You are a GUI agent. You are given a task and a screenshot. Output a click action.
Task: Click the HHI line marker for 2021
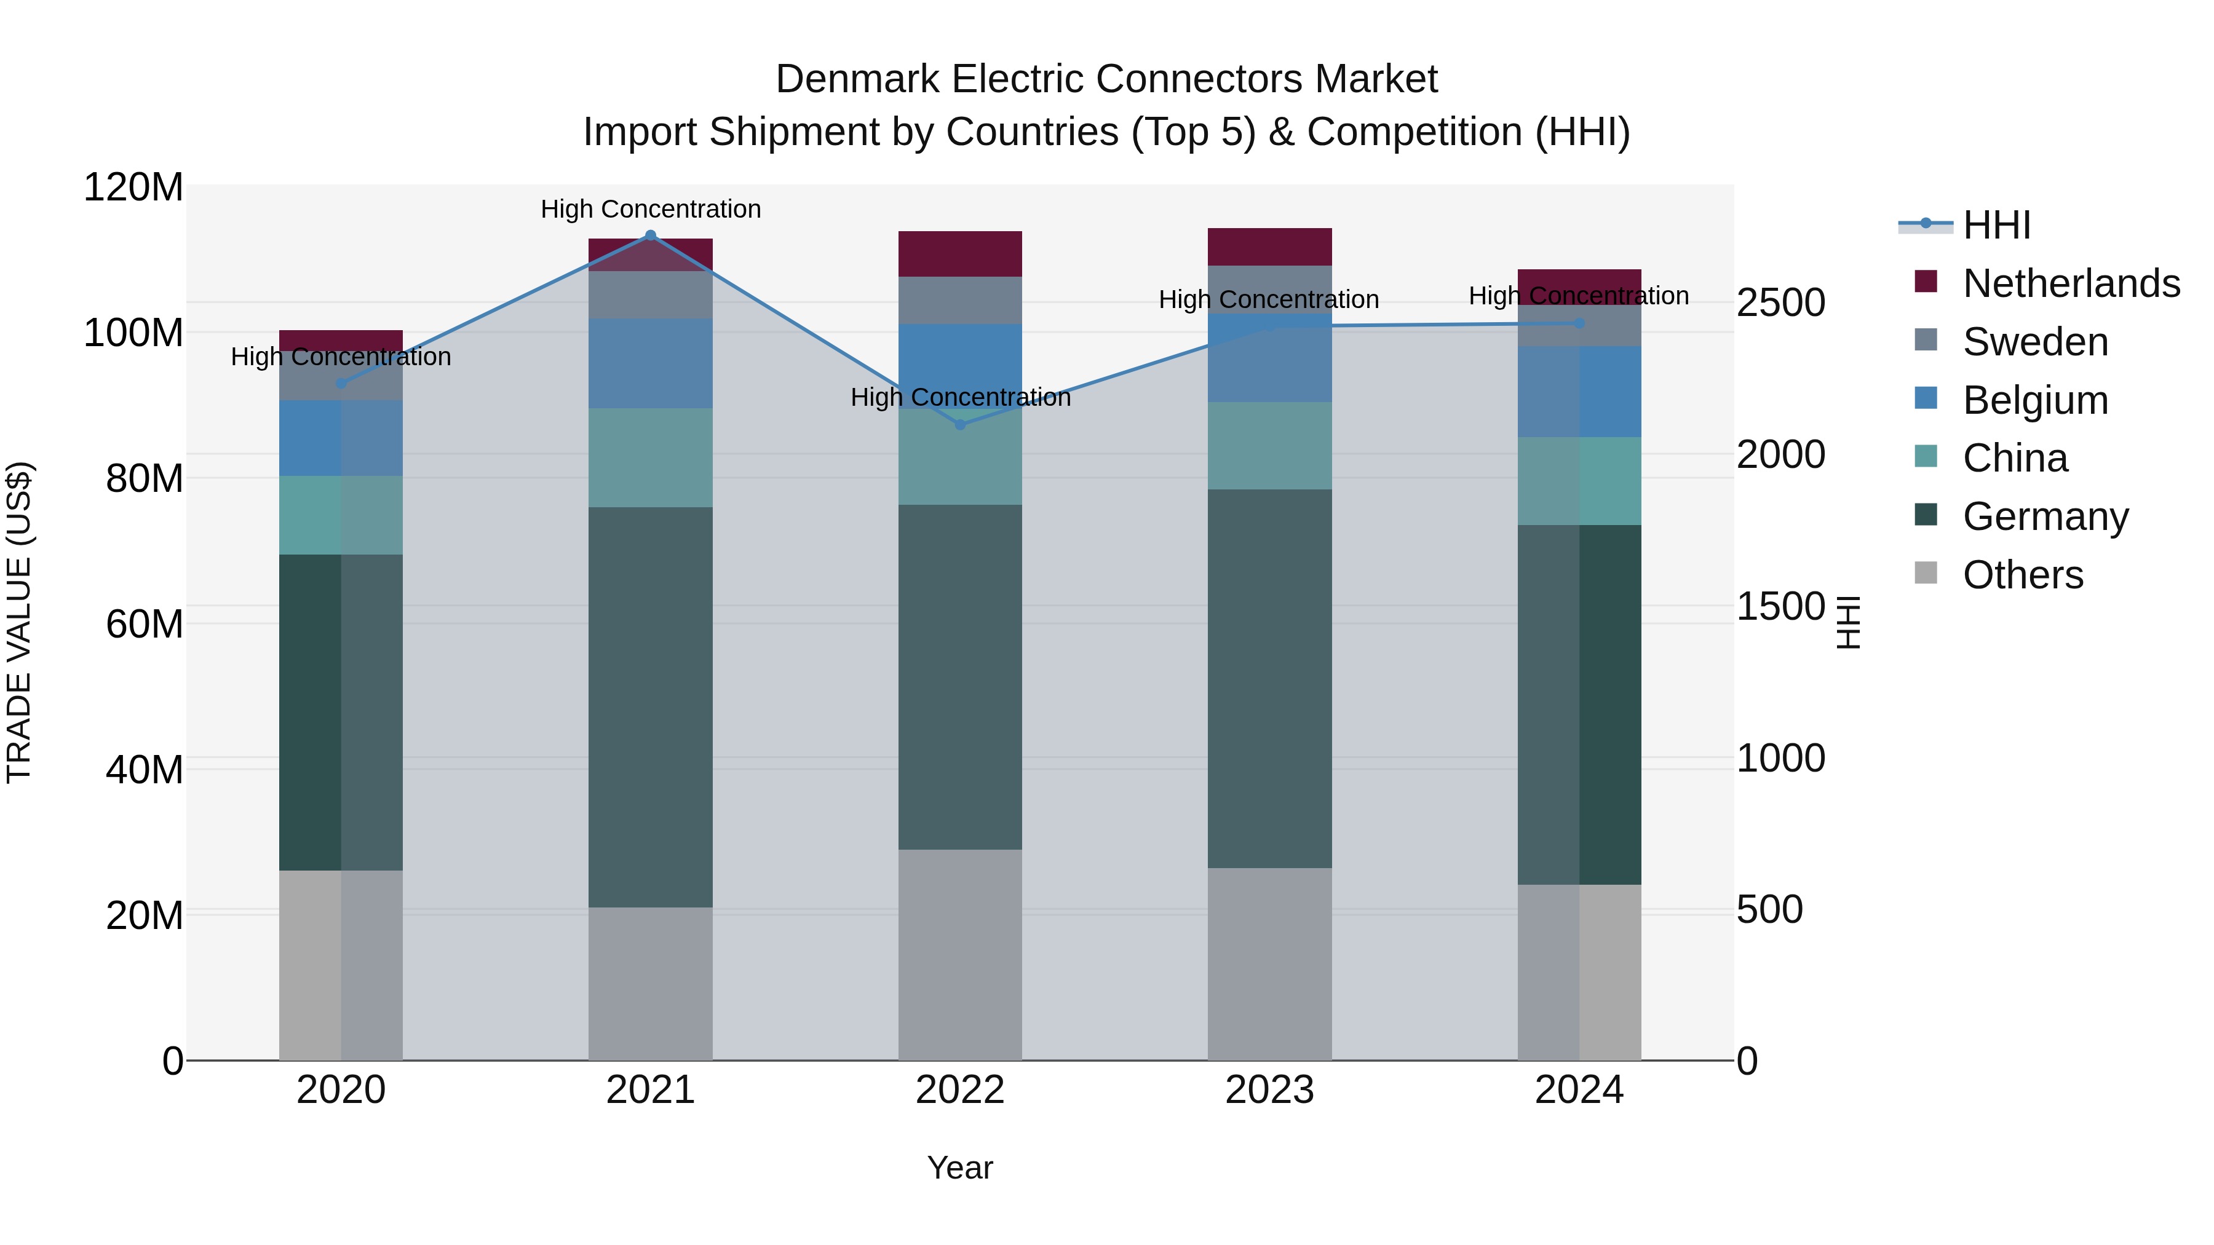click(651, 235)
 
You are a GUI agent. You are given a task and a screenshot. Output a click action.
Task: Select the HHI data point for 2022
click(960, 424)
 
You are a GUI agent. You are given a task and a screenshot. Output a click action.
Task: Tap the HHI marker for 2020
click(341, 383)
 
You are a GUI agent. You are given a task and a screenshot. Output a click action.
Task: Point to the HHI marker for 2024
click(1579, 323)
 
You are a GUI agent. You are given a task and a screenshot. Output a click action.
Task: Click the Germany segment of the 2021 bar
click(651, 706)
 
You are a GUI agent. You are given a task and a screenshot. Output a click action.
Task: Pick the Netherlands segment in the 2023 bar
click(1269, 247)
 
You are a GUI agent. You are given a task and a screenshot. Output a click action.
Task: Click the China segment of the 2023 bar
click(1269, 445)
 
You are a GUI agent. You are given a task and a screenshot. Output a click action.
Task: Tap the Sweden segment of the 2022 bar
click(960, 300)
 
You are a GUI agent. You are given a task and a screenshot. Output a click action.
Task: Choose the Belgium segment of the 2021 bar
click(651, 363)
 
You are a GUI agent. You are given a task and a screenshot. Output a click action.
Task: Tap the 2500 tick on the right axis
click(1780, 302)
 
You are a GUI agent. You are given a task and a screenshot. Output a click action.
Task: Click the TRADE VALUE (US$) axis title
click(19, 622)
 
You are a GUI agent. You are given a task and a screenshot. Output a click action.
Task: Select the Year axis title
click(960, 1168)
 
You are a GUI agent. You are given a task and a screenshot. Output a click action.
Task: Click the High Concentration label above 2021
click(651, 209)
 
